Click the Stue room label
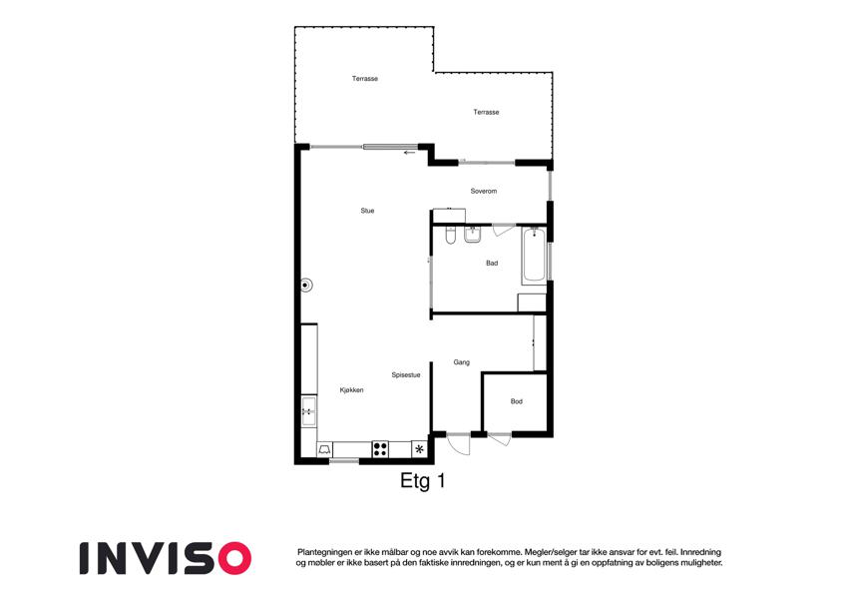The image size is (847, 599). click(x=367, y=211)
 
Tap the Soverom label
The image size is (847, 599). click(x=484, y=191)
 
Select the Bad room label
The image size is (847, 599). click(x=492, y=264)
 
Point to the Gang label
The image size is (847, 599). click(x=461, y=362)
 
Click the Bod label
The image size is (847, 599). click(x=517, y=401)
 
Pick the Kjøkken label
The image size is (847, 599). click(x=351, y=389)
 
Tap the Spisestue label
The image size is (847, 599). click(x=406, y=374)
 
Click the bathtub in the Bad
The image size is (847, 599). click(x=534, y=256)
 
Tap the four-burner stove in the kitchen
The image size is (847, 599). click(x=380, y=449)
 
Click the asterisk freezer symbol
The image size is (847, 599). click(x=419, y=448)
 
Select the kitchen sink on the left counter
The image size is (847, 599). click(x=309, y=412)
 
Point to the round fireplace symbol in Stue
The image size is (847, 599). click(x=306, y=285)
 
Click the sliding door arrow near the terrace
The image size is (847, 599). click(x=409, y=153)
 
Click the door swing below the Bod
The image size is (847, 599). click(x=499, y=439)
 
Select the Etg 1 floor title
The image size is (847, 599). click(x=422, y=480)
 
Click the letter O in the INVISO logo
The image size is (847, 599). click(x=234, y=558)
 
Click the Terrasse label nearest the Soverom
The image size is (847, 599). click(x=486, y=112)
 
